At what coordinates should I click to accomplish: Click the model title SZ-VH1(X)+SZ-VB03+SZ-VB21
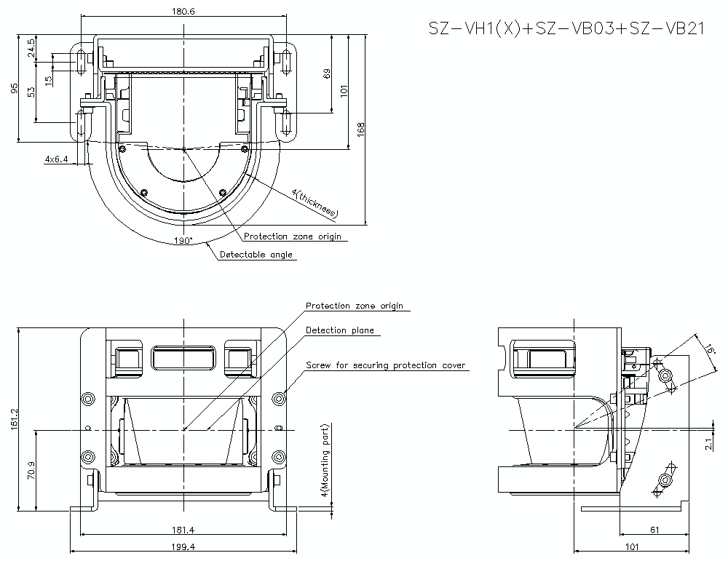pos(566,29)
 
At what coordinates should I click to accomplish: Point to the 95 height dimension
pos(13,88)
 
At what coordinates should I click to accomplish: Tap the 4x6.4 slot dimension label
pos(56,159)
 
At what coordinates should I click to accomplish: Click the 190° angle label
pos(184,240)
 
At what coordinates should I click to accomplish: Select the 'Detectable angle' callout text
pos(256,255)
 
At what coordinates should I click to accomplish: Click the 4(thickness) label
pos(314,203)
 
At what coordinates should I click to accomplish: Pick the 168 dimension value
pos(361,128)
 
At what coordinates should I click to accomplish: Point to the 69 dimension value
pos(327,73)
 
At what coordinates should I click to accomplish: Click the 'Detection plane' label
pos(339,330)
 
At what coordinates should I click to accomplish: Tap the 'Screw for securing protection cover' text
pos(385,365)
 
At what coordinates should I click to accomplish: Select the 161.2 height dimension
pos(14,419)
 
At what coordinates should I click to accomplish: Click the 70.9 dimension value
pos(30,471)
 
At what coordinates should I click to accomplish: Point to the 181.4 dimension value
pos(184,530)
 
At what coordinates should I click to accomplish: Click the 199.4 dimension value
pos(184,546)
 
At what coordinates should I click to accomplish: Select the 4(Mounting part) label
pos(325,461)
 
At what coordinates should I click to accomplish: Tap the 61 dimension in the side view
pos(655,530)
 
